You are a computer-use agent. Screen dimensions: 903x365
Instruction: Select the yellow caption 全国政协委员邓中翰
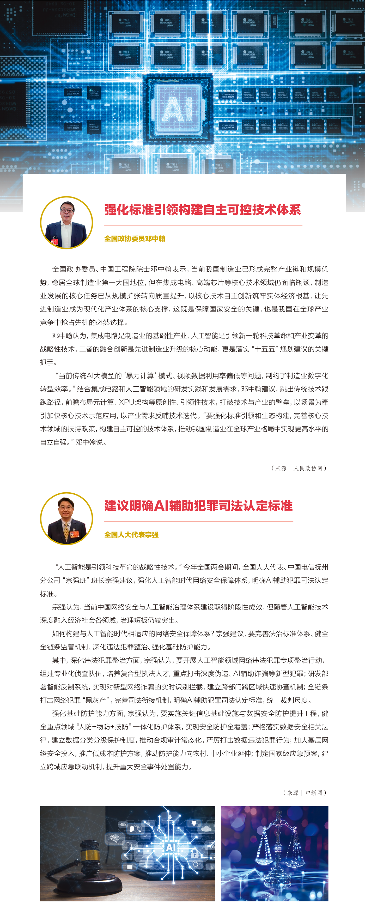(x=135, y=239)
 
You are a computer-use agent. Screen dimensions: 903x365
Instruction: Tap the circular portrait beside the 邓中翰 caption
(x=66, y=223)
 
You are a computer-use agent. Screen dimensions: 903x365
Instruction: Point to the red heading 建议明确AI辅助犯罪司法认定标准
(x=198, y=506)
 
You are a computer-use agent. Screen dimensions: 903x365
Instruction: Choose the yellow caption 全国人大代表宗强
(x=131, y=535)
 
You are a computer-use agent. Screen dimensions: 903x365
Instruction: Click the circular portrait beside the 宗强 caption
(x=66, y=519)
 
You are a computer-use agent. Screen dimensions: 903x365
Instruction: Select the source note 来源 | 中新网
(x=305, y=793)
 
